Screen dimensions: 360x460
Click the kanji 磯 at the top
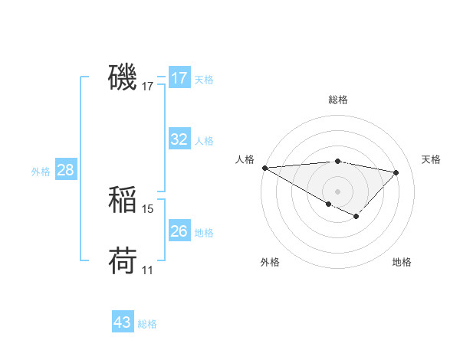coord(123,77)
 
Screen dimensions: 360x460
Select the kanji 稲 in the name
coord(123,200)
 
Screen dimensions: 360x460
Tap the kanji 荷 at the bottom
coord(123,261)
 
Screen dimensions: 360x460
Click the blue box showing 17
coord(179,78)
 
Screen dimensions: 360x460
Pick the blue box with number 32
coord(179,139)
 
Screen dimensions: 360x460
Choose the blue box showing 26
coord(179,231)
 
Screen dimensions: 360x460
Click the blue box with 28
coord(65,170)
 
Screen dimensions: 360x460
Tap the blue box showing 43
coord(123,322)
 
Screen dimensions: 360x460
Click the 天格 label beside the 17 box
coord(204,79)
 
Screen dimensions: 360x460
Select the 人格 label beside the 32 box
coord(204,141)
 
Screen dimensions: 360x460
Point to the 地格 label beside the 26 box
coord(204,232)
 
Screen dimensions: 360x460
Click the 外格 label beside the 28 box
coord(41,172)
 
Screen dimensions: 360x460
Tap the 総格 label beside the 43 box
coord(147,324)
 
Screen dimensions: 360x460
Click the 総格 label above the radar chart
coord(338,100)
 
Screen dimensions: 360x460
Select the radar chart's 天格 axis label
coord(431,159)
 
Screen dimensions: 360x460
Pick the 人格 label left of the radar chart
coord(245,159)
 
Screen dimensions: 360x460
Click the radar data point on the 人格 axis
coord(264,168)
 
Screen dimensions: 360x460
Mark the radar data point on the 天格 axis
coord(396,172)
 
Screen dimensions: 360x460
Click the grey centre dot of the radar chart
coord(338,191)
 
